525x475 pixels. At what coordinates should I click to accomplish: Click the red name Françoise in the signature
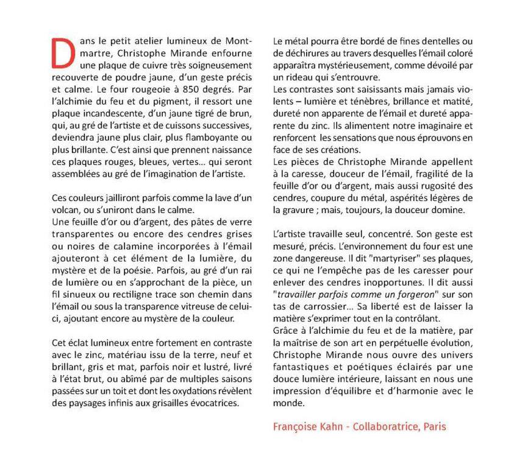[296, 426]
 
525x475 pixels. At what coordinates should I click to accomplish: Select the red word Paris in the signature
[434, 426]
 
